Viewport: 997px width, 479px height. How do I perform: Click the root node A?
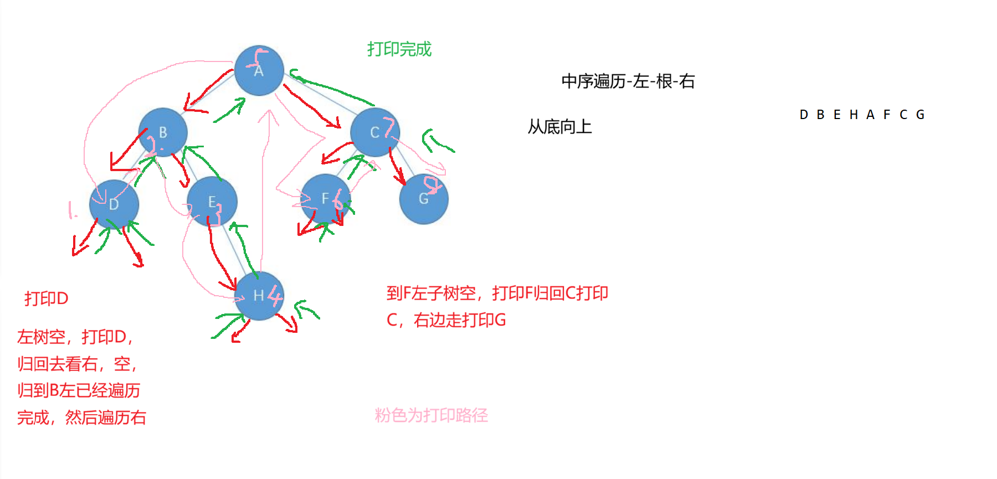click(x=259, y=70)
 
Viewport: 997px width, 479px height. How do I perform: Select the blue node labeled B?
click(x=163, y=132)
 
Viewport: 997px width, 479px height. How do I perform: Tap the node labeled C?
click(x=375, y=132)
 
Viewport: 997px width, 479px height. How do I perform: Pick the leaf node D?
click(x=114, y=204)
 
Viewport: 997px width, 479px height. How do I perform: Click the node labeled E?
click(x=212, y=202)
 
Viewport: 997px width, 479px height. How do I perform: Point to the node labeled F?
click(x=325, y=198)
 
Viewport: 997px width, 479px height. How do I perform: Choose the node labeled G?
click(x=424, y=199)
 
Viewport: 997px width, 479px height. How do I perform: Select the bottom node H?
click(x=259, y=296)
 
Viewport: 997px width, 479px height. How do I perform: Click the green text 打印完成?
click(x=399, y=49)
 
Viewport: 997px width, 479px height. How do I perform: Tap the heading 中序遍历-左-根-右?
click(x=628, y=81)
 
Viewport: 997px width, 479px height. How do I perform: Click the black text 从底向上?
click(x=559, y=127)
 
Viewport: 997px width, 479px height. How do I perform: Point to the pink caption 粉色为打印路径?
click(x=431, y=415)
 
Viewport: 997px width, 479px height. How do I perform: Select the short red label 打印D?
click(x=46, y=298)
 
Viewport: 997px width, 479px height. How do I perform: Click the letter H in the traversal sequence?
click(x=854, y=115)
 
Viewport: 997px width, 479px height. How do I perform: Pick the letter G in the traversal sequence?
click(x=920, y=115)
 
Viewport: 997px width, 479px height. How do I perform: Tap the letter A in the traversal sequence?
click(x=870, y=115)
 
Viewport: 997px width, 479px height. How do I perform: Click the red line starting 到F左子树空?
click(x=497, y=293)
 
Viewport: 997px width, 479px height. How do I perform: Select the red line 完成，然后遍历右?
click(x=81, y=417)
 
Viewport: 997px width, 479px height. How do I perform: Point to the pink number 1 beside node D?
click(x=70, y=210)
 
